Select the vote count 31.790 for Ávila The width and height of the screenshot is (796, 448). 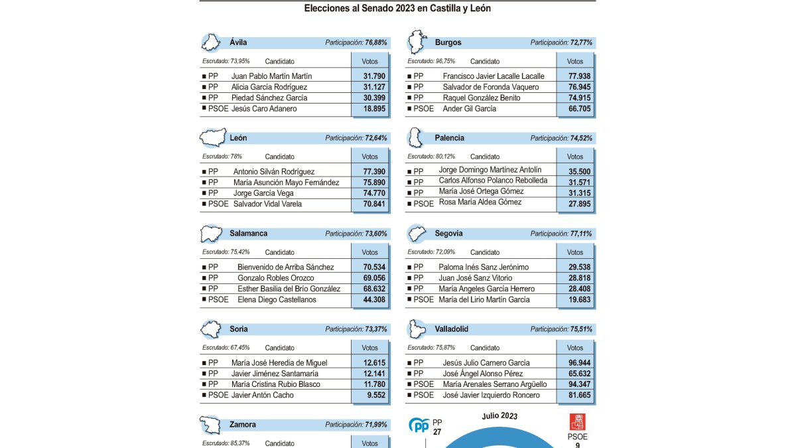pyautogui.click(x=369, y=76)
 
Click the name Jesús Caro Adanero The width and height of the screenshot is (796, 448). pyautogui.click(x=264, y=109)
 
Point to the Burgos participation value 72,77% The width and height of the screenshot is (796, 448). pyautogui.click(x=577, y=42)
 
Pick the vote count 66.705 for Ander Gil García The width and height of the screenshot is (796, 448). pyautogui.click(x=574, y=109)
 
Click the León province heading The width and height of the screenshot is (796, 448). pyautogui.click(x=238, y=138)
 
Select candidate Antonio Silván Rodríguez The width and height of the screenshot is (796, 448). pyautogui.click(x=274, y=172)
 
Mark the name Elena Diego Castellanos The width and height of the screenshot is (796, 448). pyautogui.click(x=277, y=300)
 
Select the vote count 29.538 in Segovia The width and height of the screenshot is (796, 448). pyautogui.click(x=574, y=267)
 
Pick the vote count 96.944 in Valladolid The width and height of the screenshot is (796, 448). pyautogui.click(x=574, y=363)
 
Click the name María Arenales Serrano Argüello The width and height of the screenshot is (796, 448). pyautogui.click(x=495, y=384)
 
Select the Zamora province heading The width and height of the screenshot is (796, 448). pyautogui.click(x=243, y=425)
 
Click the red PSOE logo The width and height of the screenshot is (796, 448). pyautogui.click(x=577, y=422)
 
